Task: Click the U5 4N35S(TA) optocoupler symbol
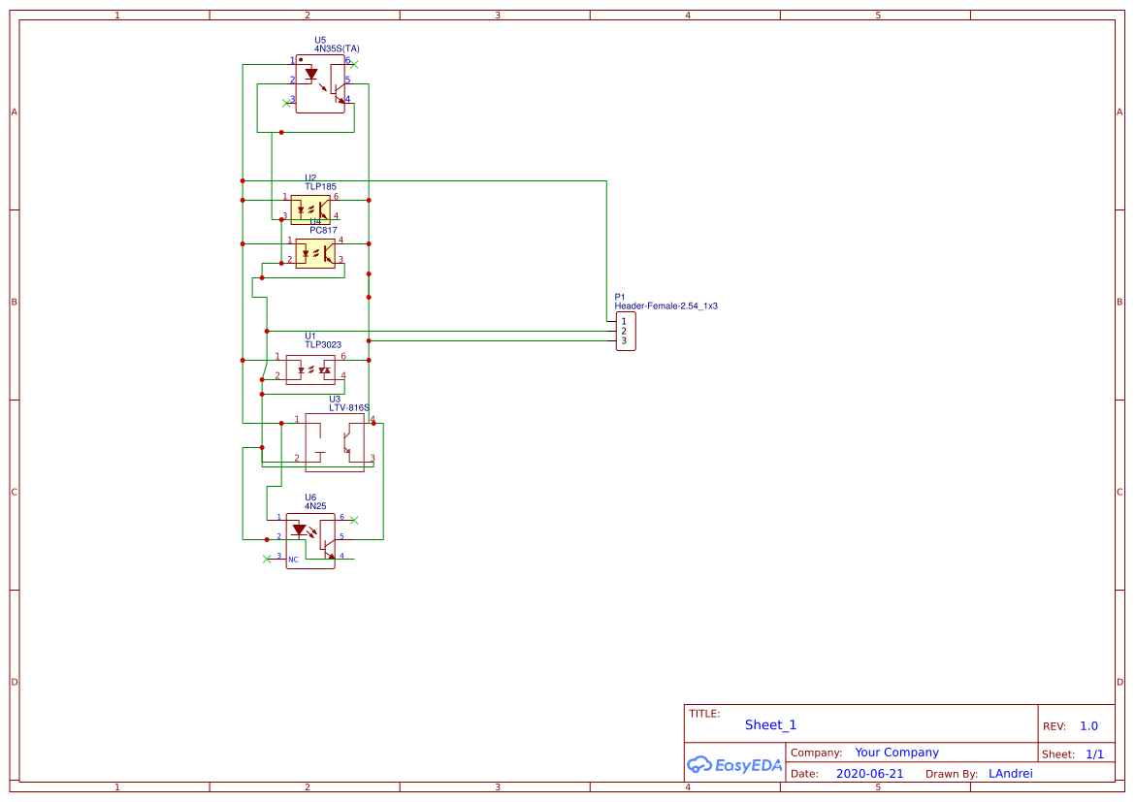pyautogui.click(x=320, y=84)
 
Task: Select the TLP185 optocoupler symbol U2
pyautogui.click(x=310, y=208)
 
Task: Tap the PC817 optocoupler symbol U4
pyautogui.click(x=315, y=253)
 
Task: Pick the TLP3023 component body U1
pyautogui.click(x=310, y=369)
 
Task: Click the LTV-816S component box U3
pyautogui.click(x=335, y=442)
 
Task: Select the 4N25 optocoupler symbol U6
pyautogui.click(x=310, y=541)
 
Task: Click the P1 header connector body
pyautogui.click(x=626, y=332)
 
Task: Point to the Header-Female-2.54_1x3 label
pyautogui.click(x=665, y=306)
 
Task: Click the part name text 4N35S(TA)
pyautogui.click(x=337, y=48)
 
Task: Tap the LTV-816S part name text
pyautogui.click(x=349, y=408)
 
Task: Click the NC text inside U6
pyautogui.click(x=293, y=560)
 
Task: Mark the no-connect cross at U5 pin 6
pyautogui.click(x=354, y=64)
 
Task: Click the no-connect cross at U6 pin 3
pyautogui.click(x=267, y=559)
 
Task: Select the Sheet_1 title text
pyautogui.click(x=770, y=725)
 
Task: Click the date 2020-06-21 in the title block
pyautogui.click(x=869, y=774)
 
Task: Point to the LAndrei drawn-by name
pyautogui.click(x=1011, y=774)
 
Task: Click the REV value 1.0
pyautogui.click(x=1088, y=726)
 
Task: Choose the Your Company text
pyautogui.click(x=896, y=753)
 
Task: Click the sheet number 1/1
pyautogui.click(x=1094, y=754)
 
